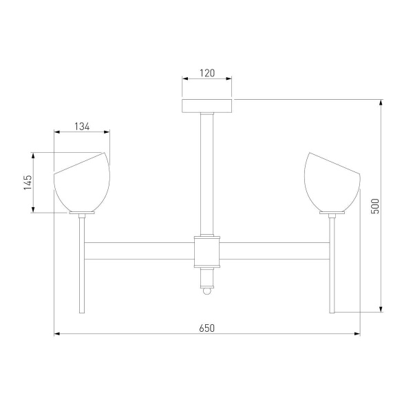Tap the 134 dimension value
(82, 126)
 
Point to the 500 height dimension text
(374, 206)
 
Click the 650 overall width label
(207, 328)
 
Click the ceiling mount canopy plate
(207, 106)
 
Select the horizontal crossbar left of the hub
(138, 251)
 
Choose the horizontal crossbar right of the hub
(275, 251)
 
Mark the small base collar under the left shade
(82, 214)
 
